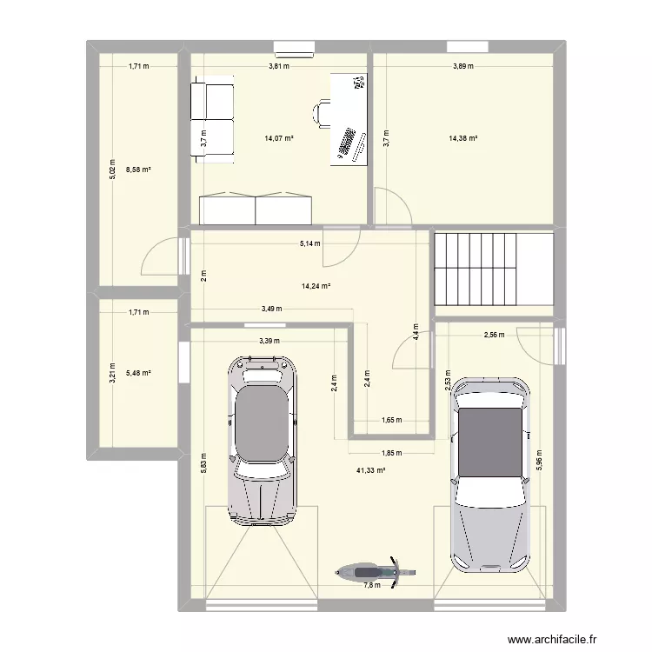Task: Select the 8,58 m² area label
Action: pyautogui.click(x=138, y=170)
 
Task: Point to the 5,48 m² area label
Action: pyautogui.click(x=138, y=373)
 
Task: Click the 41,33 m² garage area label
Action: pyautogui.click(x=370, y=470)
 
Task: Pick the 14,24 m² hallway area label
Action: pyautogui.click(x=316, y=285)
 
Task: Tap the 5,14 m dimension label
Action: pyautogui.click(x=309, y=244)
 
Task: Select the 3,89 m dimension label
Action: pyautogui.click(x=463, y=66)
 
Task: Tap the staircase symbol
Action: pyautogui.click(x=493, y=269)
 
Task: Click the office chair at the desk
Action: pyautogui.click(x=322, y=114)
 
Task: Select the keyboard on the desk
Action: pyautogui.click(x=347, y=143)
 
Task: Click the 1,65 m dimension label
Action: pyautogui.click(x=393, y=420)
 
